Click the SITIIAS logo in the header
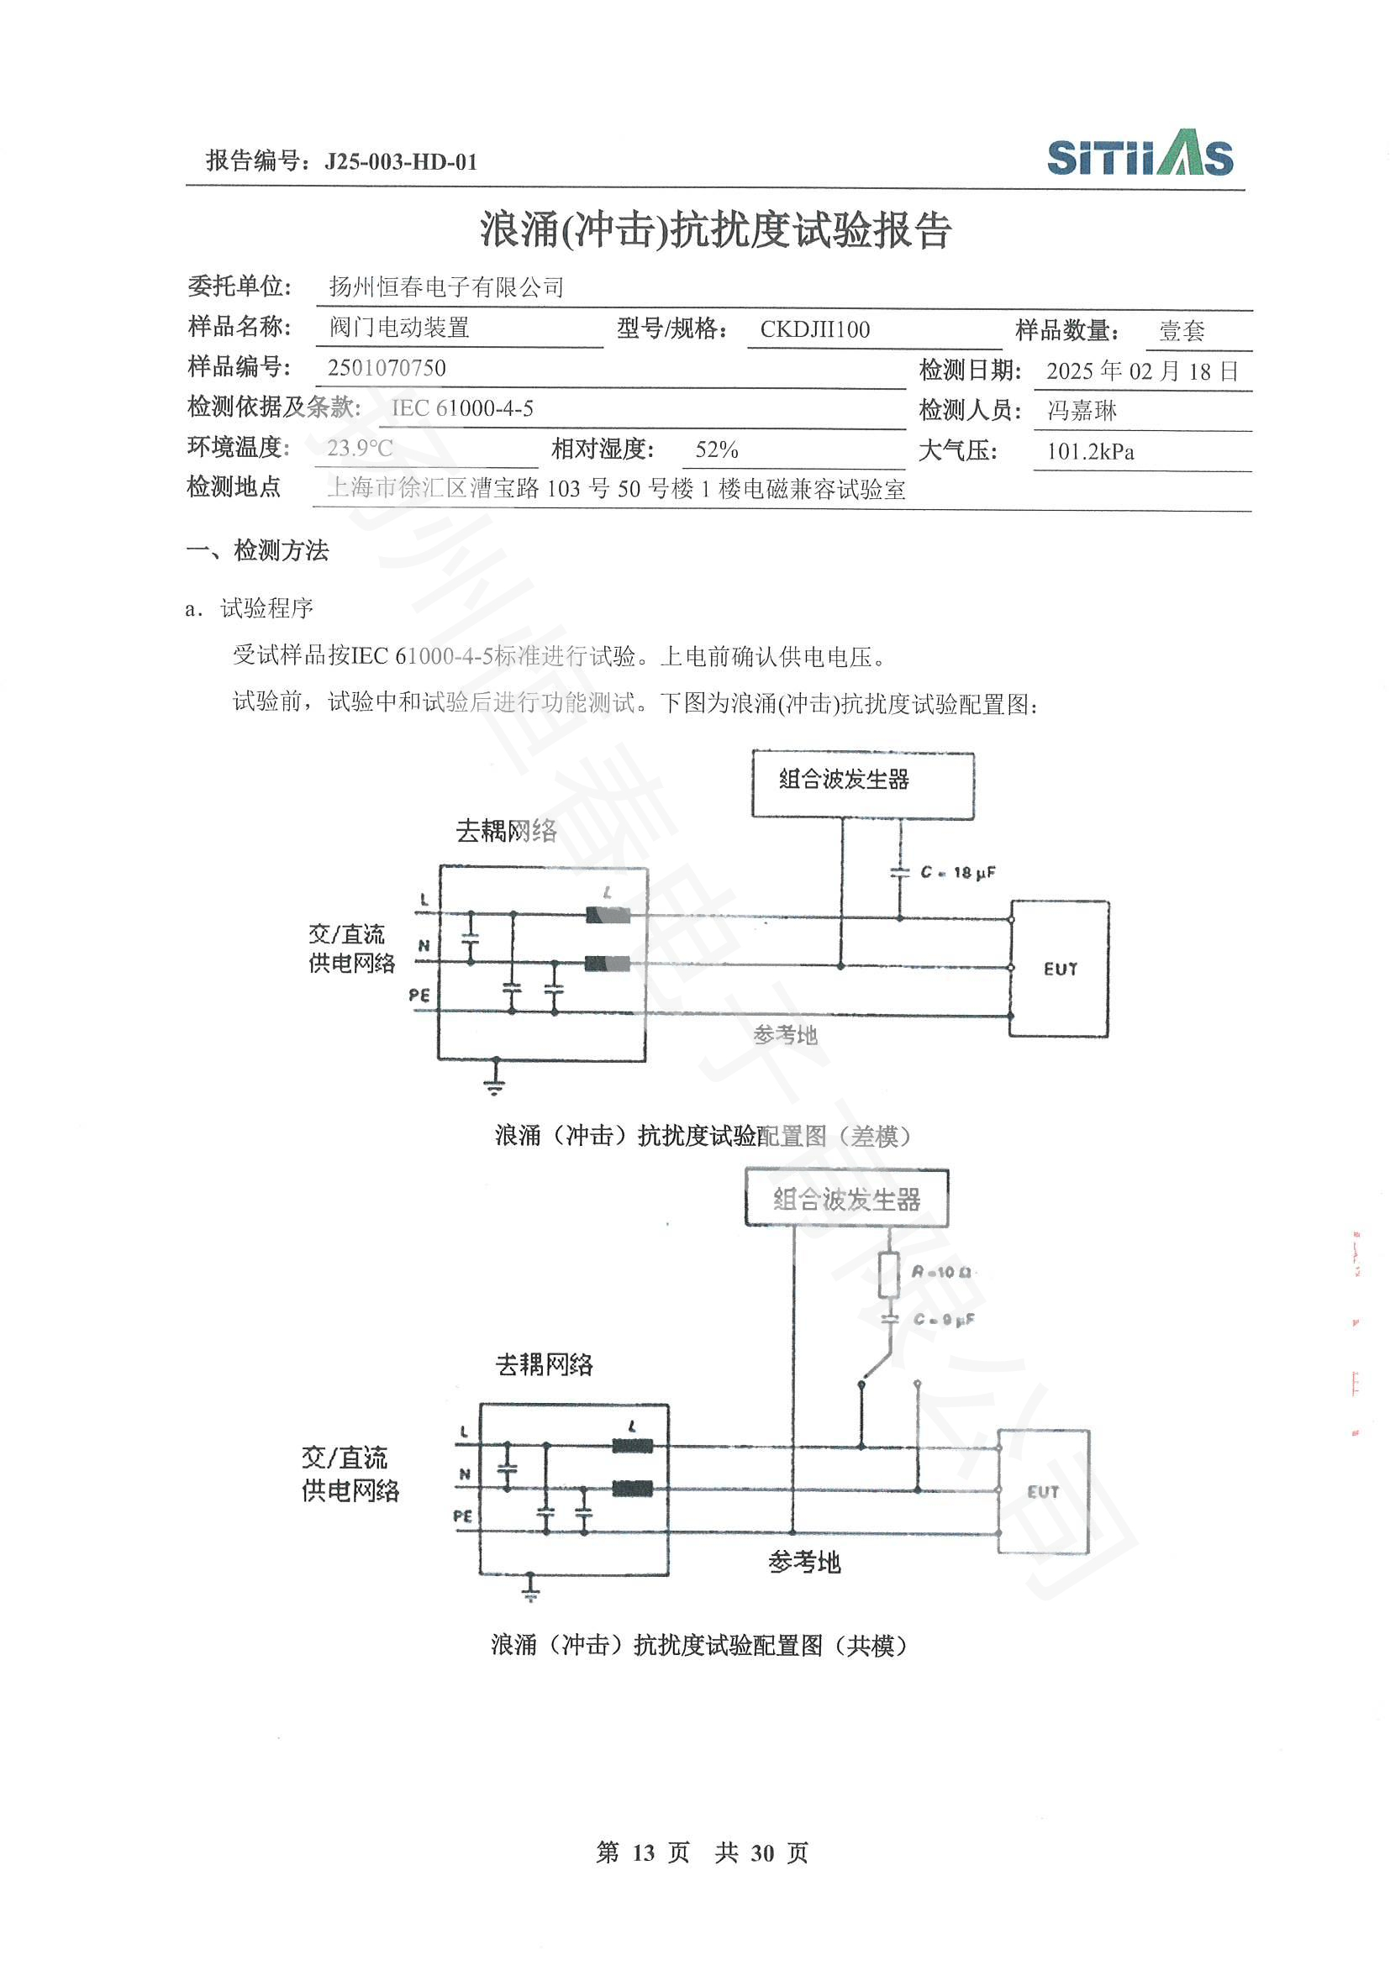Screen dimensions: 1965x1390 [x=1140, y=154]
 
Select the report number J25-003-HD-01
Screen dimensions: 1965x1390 [x=401, y=162]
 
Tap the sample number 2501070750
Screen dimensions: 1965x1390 [x=386, y=368]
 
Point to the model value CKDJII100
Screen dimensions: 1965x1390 [x=814, y=329]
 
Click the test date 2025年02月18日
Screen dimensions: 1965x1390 [x=1142, y=370]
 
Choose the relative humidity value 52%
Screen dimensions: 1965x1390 [x=716, y=449]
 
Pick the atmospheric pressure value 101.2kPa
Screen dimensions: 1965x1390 [x=1091, y=451]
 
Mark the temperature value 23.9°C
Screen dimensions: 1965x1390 [x=360, y=448]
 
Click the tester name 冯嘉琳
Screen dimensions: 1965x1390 [x=1082, y=411]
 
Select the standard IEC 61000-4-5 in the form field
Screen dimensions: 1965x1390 [x=462, y=408]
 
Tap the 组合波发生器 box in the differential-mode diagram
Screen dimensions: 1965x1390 [x=863, y=784]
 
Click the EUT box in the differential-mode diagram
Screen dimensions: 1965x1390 [x=1060, y=969]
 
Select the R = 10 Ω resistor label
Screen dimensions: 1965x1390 [x=940, y=1273]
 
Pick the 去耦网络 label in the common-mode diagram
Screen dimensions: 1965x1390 [x=545, y=1364]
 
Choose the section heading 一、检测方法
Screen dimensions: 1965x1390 [x=258, y=550]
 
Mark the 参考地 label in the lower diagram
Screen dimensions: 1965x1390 [x=803, y=1563]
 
